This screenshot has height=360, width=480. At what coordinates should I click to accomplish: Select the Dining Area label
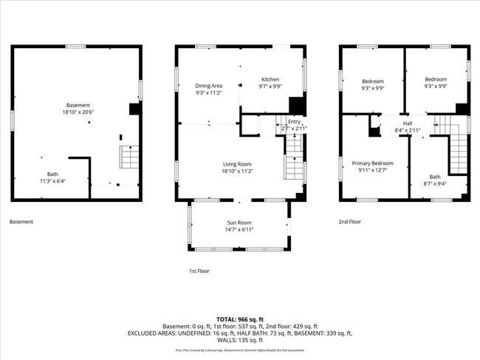pos(208,86)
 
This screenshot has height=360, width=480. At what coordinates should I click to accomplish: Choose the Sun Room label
pos(239,223)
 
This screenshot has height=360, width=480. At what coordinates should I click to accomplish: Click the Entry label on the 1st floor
pos(294,121)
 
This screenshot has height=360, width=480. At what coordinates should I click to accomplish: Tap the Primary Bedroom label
pos(372,163)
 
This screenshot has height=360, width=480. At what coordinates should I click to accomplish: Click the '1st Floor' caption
pos(199,271)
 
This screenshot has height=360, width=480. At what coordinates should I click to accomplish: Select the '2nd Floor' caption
pos(351,221)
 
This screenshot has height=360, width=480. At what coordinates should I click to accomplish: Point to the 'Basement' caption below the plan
pos(21,221)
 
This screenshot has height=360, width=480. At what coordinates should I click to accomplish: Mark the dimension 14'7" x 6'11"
pos(239,230)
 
